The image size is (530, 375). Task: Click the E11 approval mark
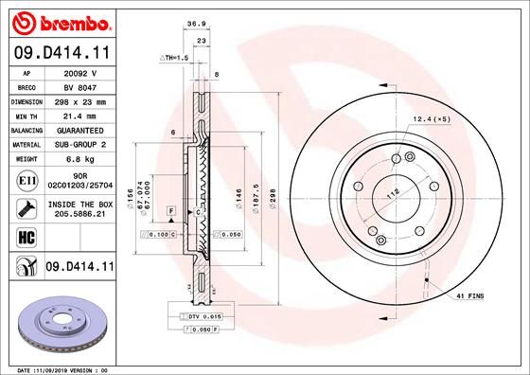click(26, 180)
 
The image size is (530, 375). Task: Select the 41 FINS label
click(469, 296)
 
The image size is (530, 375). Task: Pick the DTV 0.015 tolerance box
click(203, 315)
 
